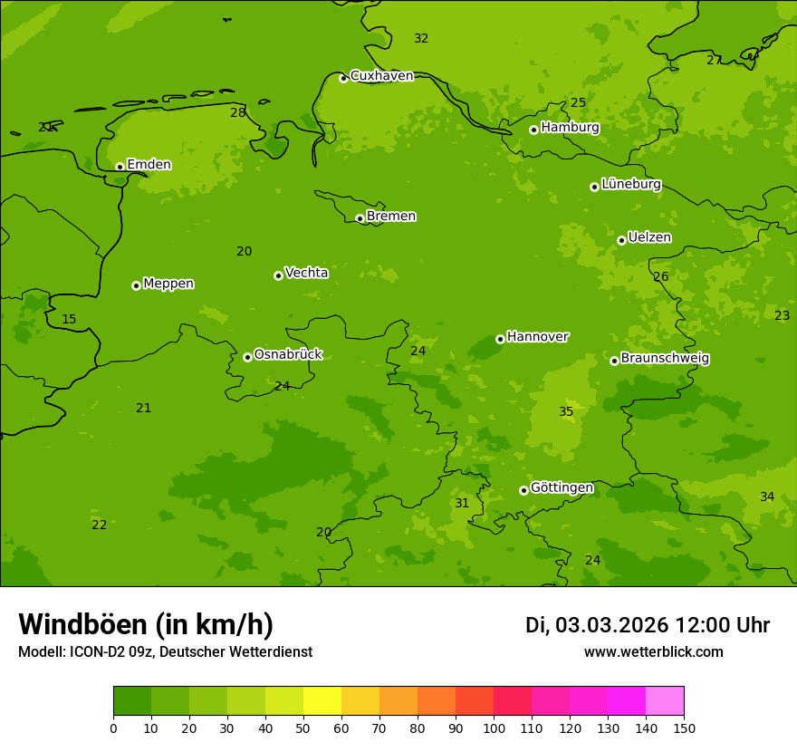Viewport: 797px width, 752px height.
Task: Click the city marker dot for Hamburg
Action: tap(534, 130)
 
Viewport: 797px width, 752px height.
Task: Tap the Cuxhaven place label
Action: tap(381, 75)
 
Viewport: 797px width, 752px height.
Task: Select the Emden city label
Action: tap(149, 164)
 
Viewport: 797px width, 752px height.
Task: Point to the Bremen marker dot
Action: tap(360, 218)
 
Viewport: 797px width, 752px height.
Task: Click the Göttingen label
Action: tap(562, 487)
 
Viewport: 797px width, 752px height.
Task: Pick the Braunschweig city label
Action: tap(665, 358)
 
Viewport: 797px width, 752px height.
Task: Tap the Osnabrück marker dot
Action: tap(247, 357)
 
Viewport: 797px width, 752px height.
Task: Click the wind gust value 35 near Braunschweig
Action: tap(566, 411)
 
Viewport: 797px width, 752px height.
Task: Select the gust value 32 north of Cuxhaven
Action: tap(421, 38)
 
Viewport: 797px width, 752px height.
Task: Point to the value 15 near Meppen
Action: tap(69, 319)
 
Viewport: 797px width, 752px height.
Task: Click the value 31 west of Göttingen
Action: tap(462, 503)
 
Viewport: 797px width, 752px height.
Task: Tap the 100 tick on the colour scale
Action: tap(494, 728)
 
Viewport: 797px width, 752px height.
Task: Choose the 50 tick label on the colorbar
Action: tap(303, 728)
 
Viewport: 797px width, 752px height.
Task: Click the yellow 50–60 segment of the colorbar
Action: tap(322, 701)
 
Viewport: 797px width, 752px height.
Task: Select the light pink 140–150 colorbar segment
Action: tap(665, 701)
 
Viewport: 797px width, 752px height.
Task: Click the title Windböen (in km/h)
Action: tap(146, 624)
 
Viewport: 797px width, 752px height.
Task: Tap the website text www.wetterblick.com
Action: tap(653, 651)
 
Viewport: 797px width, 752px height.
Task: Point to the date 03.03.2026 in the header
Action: tap(611, 625)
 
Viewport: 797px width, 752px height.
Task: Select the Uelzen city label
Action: tap(649, 237)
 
